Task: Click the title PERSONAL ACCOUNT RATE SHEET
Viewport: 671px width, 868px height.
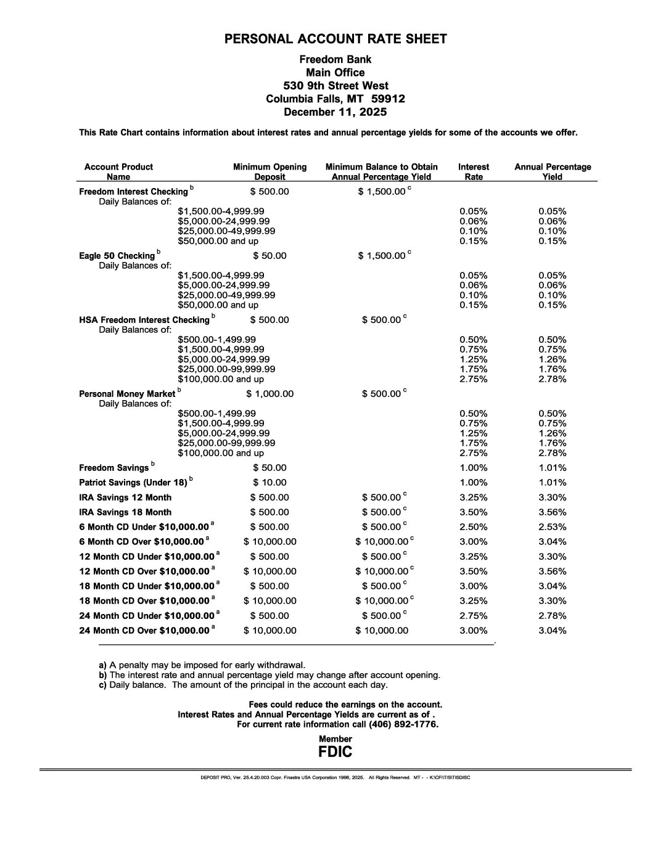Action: (335, 39)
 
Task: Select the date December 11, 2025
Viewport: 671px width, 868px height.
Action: (335, 112)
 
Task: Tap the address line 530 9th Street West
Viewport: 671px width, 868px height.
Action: (335, 86)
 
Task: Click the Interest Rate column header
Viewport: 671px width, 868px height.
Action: (474, 171)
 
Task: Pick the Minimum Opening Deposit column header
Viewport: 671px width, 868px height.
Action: (270, 171)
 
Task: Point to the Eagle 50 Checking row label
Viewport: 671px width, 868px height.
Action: (117, 256)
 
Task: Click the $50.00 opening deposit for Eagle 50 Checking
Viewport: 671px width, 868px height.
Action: (270, 256)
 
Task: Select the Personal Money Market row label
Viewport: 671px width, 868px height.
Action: (128, 394)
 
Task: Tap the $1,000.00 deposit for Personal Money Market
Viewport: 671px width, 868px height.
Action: (270, 394)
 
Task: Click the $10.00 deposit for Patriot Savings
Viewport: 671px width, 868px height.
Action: (270, 483)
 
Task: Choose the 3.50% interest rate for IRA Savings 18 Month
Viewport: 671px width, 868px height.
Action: (474, 512)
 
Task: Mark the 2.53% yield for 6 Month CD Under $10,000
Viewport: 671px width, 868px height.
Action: (553, 527)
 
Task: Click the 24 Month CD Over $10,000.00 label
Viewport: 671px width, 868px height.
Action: (144, 631)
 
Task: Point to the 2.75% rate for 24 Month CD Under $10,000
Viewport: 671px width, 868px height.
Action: (474, 616)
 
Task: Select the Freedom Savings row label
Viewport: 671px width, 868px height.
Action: (114, 468)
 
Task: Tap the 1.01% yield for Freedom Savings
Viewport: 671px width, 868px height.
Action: (553, 468)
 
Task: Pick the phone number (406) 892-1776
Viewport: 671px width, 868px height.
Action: (404, 724)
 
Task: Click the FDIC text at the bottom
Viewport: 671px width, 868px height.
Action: (335, 752)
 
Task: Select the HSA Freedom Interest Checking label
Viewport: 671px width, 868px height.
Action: (144, 320)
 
